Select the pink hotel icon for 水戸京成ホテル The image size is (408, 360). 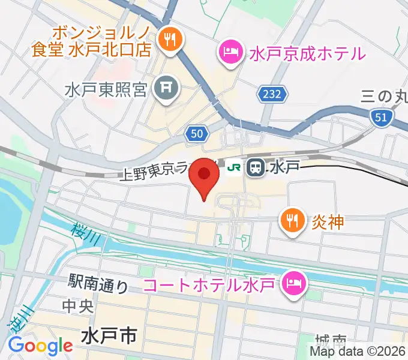[x=230, y=52]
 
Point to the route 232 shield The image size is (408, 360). [x=274, y=94]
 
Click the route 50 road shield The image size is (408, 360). [x=197, y=133]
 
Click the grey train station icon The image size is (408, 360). [x=256, y=167]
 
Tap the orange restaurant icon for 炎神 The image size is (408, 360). [x=292, y=221]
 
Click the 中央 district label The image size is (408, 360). [x=77, y=306]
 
